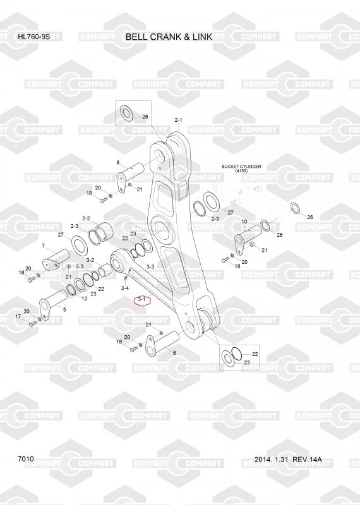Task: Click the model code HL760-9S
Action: coord(34,37)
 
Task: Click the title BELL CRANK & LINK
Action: coord(169,37)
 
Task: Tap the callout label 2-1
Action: coord(178,120)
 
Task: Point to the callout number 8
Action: coord(118,163)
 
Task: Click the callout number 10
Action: coord(244,222)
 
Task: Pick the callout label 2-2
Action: coord(86,218)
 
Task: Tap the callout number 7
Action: coord(44,246)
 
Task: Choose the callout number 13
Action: coord(84,299)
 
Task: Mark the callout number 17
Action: coord(18,317)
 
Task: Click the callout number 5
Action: coord(64,309)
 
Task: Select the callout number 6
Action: coord(174,353)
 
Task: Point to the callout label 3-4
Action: coord(125,288)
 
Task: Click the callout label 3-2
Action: coord(90,260)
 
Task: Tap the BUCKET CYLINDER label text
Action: coord(241,167)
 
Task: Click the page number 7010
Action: coord(26,459)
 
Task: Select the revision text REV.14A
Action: coord(307,460)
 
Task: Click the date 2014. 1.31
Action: coord(271,460)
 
